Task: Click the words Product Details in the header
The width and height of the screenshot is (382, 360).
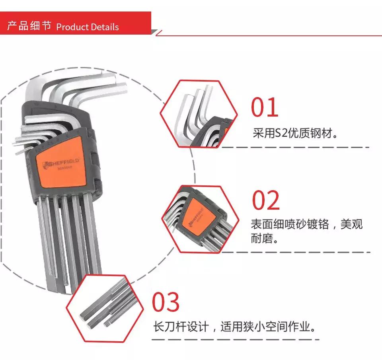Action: point(88,27)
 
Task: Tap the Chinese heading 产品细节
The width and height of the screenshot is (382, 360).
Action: point(29,26)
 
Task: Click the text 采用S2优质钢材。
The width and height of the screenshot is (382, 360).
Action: point(296,133)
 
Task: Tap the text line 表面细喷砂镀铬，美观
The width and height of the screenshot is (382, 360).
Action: point(306,224)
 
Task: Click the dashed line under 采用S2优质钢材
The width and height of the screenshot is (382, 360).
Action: point(294,148)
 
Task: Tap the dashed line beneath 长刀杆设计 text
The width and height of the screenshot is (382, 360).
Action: point(235,339)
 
